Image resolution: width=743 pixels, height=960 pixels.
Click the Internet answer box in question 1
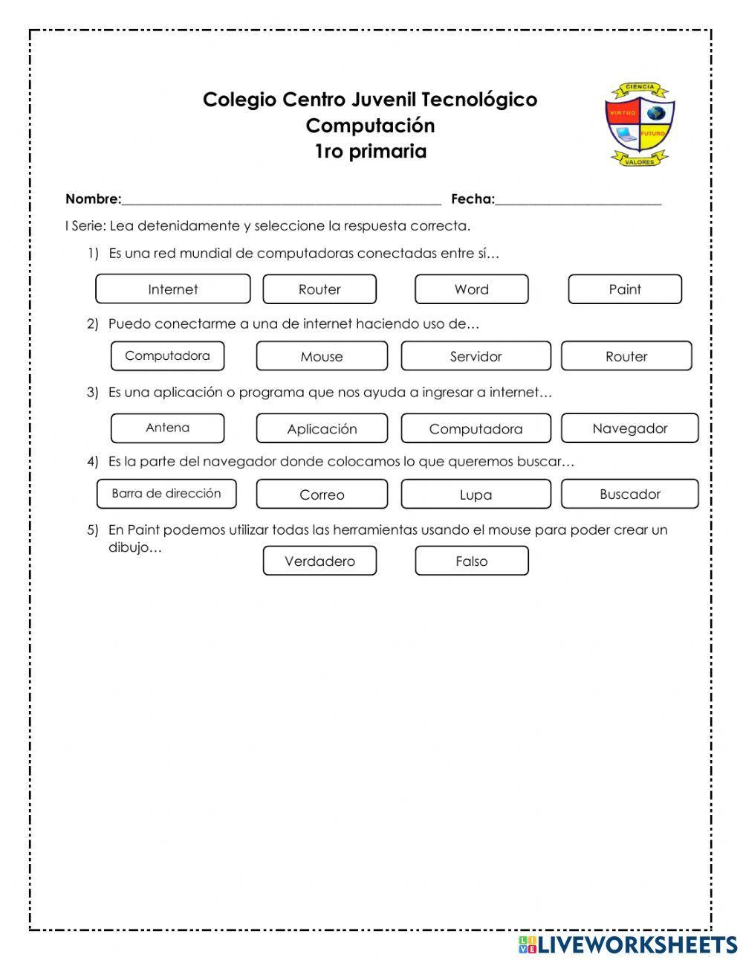point(172,289)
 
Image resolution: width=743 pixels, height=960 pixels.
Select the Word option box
point(471,289)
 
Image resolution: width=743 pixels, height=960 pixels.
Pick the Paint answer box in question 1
point(624,289)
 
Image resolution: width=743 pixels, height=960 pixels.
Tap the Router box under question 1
point(319,289)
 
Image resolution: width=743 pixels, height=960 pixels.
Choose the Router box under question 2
point(626,356)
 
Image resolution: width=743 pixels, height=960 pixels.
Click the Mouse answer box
point(322,356)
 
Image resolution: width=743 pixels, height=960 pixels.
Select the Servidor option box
point(476,356)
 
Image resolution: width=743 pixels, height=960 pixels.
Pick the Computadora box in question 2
point(167,355)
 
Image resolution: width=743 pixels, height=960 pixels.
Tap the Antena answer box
point(167,428)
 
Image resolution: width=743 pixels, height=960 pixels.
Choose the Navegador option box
point(629,428)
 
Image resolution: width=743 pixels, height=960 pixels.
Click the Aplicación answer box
point(322,429)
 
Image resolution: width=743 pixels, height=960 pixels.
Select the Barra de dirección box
point(166,494)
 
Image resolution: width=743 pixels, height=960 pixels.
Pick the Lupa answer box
point(476,495)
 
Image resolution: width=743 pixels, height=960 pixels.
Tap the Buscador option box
point(629,494)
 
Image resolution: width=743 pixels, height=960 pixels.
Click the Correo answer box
point(322,495)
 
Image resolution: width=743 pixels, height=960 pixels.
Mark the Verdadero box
point(319,561)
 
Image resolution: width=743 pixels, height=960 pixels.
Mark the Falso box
point(471,561)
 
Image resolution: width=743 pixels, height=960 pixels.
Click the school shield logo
point(639,124)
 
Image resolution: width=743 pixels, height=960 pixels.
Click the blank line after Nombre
point(281,199)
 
